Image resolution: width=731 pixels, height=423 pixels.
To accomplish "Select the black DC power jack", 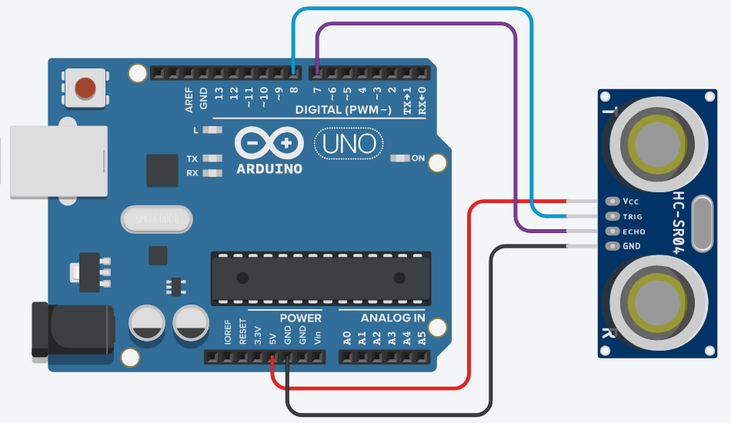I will (69, 330).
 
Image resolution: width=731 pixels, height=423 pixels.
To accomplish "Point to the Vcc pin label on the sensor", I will (631, 202).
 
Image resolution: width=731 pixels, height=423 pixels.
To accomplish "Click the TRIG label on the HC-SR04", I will (633, 217).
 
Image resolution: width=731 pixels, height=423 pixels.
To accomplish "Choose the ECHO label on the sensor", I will (634, 231).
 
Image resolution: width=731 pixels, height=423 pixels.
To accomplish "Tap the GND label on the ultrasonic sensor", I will (631, 247).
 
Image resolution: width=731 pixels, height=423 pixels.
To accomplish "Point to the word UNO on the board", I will (349, 143).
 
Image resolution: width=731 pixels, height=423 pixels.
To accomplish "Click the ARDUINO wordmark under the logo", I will (269, 168).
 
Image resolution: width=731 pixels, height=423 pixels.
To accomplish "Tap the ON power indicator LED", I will (400, 158).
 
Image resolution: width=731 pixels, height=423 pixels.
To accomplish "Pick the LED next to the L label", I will (215, 130).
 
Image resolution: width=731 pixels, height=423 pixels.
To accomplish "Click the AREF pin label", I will (189, 100).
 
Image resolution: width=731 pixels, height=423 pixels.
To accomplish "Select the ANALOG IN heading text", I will (392, 318).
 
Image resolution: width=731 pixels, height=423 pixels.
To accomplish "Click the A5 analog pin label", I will (421, 337).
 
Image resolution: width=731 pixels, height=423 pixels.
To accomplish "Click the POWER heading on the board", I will (300, 318).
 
